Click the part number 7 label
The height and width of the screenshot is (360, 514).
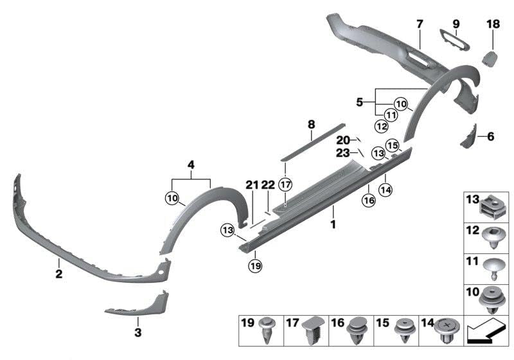(420, 24)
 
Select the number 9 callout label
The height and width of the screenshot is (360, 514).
(456, 24)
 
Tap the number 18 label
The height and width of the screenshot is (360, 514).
(493, 24)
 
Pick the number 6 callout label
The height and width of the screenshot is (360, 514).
(491, 136)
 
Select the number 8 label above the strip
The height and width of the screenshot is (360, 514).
(311, 123)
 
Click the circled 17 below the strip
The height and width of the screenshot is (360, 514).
(286, 184)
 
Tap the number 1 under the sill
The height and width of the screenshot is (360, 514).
(333, 226)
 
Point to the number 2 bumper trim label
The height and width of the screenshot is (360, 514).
(58, 274)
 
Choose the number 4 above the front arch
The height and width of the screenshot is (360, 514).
(191, 165)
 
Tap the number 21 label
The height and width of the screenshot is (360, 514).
(251, 184)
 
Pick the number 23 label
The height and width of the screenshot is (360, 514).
(342, 154)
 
